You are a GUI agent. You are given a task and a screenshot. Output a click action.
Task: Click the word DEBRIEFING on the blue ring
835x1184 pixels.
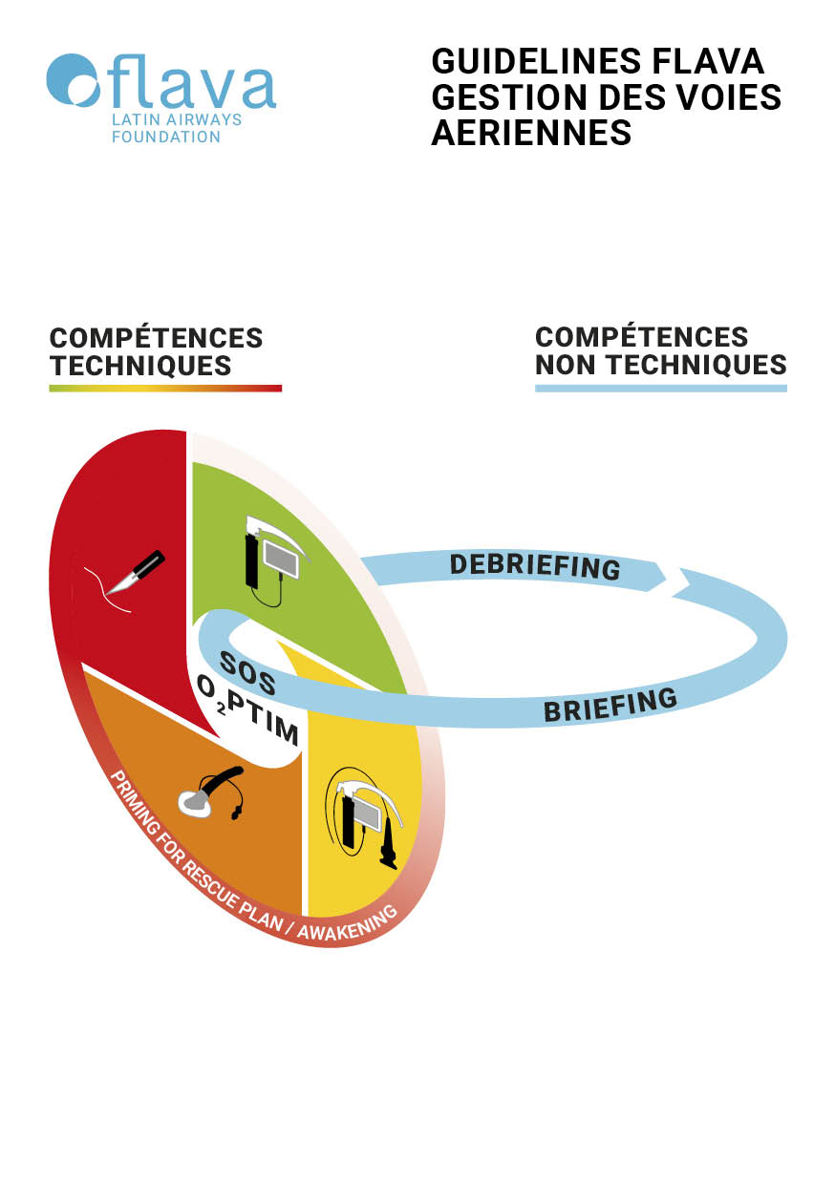(x=535, y=565)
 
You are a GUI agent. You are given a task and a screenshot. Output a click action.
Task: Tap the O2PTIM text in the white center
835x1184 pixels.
(x=247, y=714)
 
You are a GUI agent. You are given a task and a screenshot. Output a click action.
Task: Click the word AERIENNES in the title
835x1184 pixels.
(x=531, y=133)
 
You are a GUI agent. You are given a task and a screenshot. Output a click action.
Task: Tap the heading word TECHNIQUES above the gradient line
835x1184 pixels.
(x=140, y=365)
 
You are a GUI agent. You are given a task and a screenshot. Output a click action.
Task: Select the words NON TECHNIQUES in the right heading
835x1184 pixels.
(x=660, y=364)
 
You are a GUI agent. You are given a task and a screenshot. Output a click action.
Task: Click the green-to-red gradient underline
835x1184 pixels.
(x=165, y=388)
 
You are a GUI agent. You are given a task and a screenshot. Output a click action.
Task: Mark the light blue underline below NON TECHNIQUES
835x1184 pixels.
(x=660, y=388)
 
